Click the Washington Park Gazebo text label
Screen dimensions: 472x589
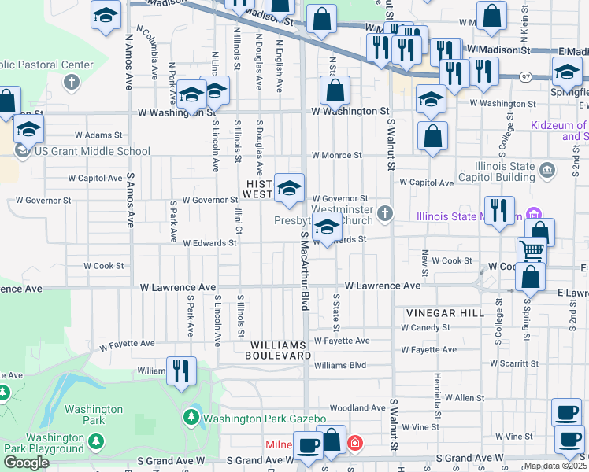point(264,418)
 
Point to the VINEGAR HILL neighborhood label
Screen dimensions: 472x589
point(445,313)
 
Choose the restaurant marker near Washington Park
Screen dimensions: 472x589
point(181,371)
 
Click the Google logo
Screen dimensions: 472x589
point(26,463)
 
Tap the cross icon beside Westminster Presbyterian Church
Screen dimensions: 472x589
point(384,212)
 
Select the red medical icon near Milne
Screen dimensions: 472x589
point(355,444)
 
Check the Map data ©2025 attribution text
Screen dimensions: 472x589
point(555,466)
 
